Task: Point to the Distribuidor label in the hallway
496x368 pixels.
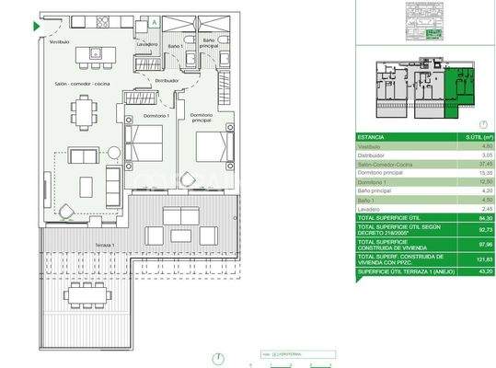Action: click(167, 81)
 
